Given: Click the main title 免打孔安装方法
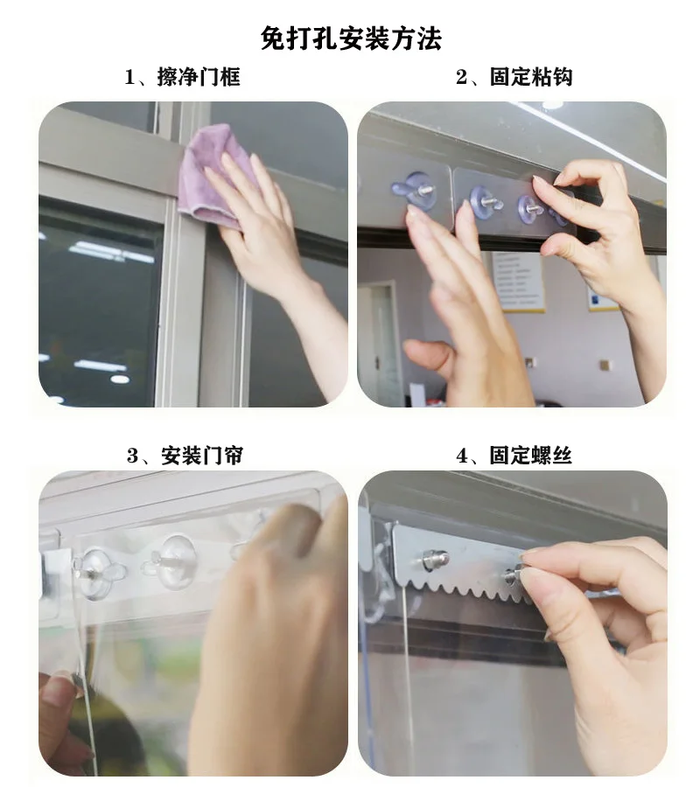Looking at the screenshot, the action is (x=351, y=38).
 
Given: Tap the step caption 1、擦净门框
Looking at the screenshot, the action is (x=183, y=78).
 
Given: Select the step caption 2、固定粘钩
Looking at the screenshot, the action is (x=514, y=77).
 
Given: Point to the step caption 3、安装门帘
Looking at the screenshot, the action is (x=185, y=456).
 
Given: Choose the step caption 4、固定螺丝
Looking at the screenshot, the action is (x=514, y=456).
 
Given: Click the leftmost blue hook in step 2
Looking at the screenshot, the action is (x=415, y=189).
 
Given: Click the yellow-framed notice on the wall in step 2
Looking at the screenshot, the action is (x=517, y=281).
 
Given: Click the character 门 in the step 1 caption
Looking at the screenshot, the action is (x=207, y=78).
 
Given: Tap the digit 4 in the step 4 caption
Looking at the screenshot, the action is (x=462, y=456).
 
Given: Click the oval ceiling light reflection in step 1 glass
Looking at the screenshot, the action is (x=120, y=379).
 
